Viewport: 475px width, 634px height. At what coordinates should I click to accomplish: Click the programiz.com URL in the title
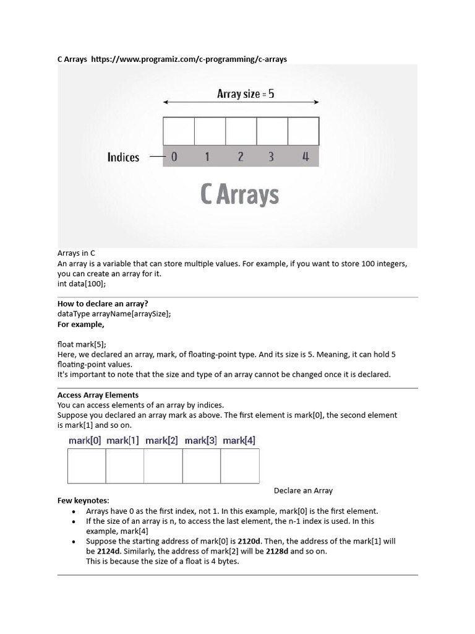pos(189,59)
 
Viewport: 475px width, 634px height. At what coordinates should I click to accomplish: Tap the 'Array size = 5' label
pos(246,94)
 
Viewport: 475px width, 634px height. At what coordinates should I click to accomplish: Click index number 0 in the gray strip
pos(174,157)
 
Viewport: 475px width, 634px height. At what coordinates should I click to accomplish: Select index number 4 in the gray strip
pos(305,157)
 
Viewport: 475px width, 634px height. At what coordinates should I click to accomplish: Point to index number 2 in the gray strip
pos(241,157)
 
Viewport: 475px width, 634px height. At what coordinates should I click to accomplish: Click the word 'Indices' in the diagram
pos(123,157)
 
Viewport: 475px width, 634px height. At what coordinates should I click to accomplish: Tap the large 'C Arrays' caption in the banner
pos(240,194)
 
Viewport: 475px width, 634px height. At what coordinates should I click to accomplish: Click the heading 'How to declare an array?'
pos(103,303)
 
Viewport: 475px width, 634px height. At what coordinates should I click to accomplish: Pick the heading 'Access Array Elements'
pos(98,394)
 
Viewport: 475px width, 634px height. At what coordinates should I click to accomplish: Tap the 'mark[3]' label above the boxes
pos(200,441)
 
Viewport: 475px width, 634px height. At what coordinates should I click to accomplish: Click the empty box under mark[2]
pos(163,466)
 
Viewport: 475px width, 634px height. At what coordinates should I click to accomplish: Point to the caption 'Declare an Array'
pos(303,490)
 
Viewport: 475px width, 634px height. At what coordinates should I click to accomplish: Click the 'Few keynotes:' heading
pos(82,500)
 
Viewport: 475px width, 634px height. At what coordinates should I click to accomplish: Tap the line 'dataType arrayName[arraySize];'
pos(114,314)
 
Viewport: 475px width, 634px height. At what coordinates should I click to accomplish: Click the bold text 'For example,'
pos(81,324)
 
